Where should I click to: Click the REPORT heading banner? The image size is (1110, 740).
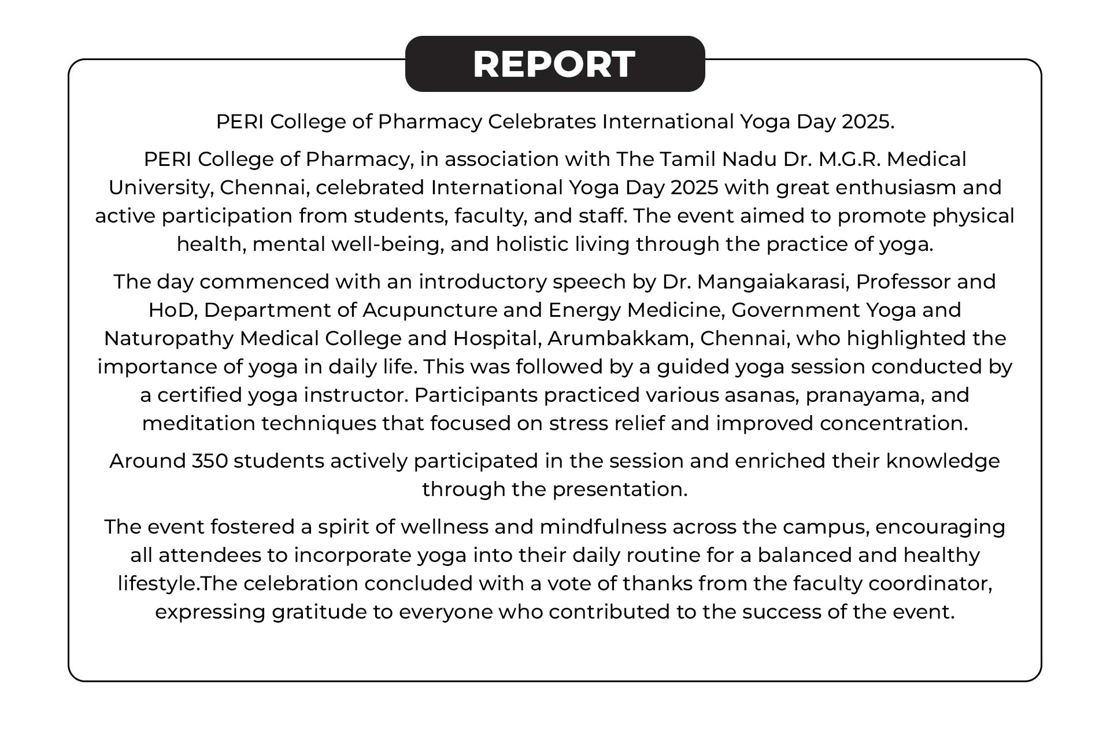click(x=554, y=64)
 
